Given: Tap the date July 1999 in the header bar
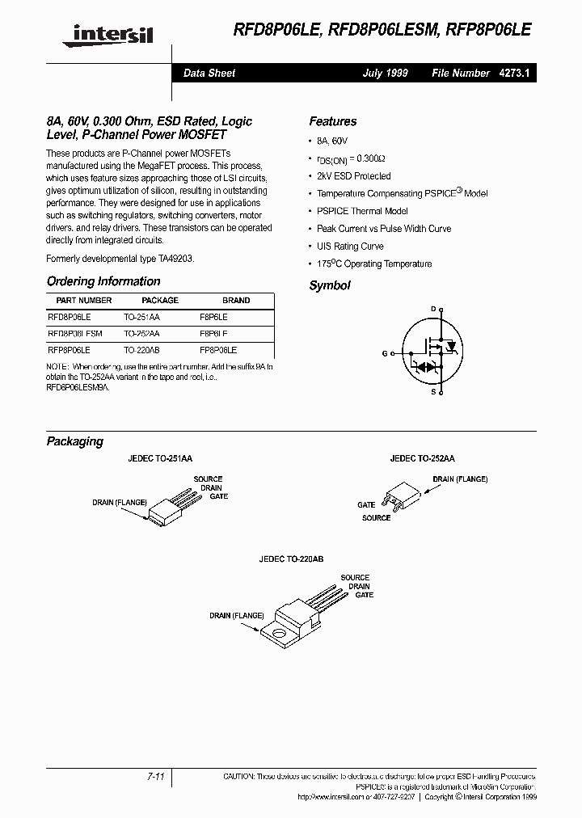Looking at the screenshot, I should (x=385, y=73).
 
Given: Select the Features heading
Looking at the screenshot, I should (x=332, y=121).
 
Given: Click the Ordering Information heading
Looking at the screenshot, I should (x=103, y=281).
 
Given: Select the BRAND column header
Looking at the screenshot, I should (x=236, y=301).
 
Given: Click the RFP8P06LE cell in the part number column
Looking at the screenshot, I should (x=70, y=351).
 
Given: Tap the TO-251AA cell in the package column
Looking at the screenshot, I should (x=141, y=318).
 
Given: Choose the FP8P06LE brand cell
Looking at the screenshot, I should (x=218, y=351).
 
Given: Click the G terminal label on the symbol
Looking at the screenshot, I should (x=385, y=352).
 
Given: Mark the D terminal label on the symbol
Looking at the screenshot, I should (x=433, y=309).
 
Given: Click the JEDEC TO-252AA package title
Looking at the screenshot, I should (x=422, y=458).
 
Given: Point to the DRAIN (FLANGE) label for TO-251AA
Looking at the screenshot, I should (x=120, y=502).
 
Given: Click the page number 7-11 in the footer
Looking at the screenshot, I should (x=157, y=776).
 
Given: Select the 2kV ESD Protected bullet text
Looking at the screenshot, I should (x=353, y=176).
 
